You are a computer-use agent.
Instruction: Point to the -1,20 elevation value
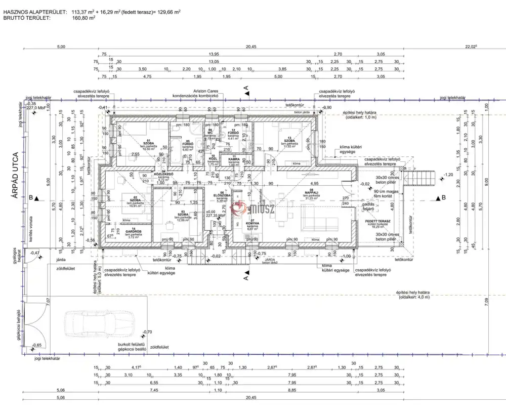[x=448, y=175]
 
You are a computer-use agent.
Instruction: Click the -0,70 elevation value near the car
[x=147, y=332]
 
